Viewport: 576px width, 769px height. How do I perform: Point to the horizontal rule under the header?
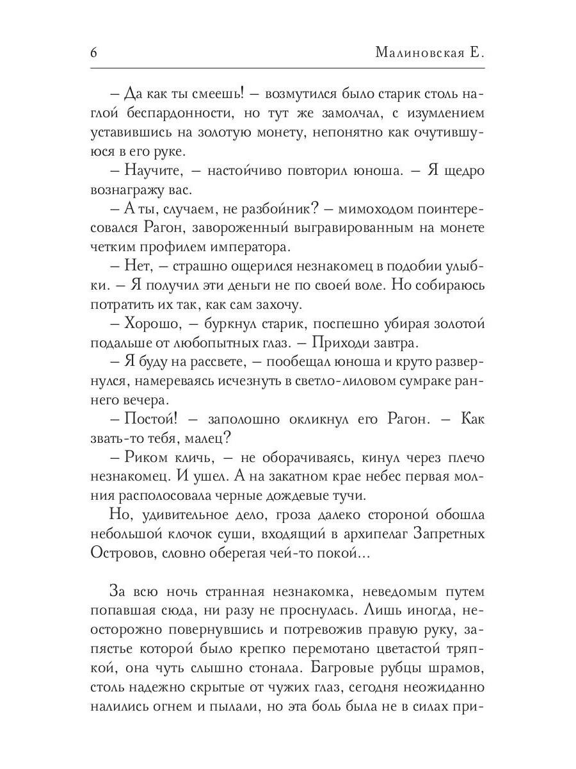288,68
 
